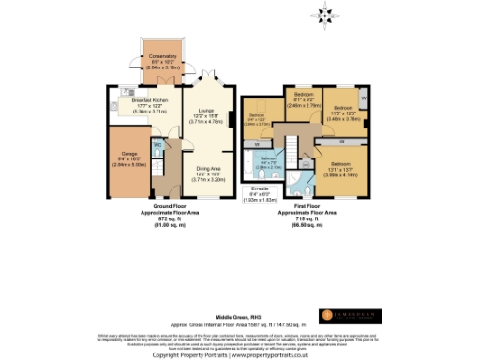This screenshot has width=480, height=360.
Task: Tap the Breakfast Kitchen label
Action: click(x=149, y=103)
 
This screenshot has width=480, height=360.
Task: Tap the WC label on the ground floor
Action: click(x=157, y=146)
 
